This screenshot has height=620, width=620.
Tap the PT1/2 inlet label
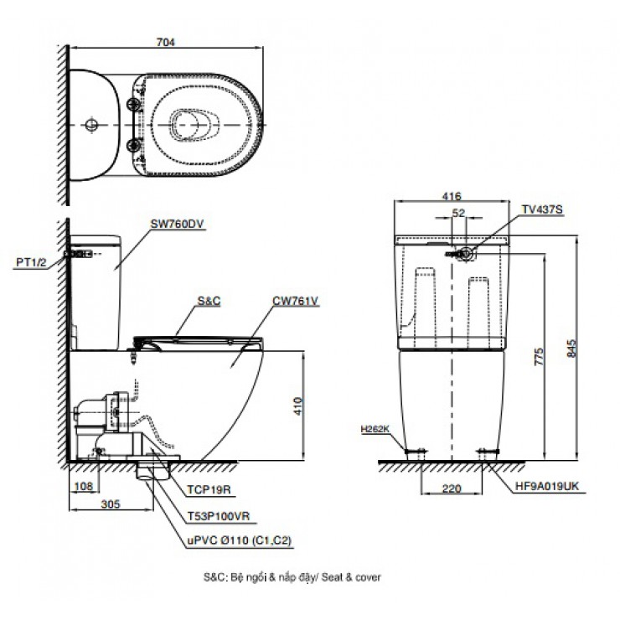pos(31,262)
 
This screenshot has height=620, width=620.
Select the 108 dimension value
pos(81,485)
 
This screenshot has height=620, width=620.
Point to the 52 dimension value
pos(457,214)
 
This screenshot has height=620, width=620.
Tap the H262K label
pos(376,428)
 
